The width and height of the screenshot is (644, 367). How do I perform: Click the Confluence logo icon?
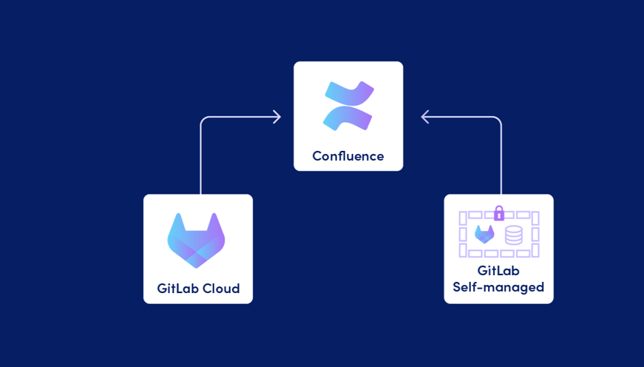[x=348, y=106]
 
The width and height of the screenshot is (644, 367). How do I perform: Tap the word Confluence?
[x=348, y=156]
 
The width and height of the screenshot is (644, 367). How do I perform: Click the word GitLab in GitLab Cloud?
[x=177, y=289]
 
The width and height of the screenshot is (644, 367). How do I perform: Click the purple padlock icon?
[x=499, y=214]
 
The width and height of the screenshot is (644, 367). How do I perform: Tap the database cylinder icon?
[x=513, y=235]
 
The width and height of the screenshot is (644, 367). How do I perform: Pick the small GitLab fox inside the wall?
[x=484, y=235]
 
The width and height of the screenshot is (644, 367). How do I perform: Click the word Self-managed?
[x=498, y=287]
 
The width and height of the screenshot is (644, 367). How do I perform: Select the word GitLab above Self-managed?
[x=498, y=271]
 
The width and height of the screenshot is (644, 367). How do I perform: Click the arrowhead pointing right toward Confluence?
[x=277, y=117]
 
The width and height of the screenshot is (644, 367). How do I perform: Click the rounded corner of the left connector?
[x=204, y=120]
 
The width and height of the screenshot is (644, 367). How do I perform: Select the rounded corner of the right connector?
[x=498, y=120]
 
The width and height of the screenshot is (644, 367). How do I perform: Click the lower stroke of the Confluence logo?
[x=347, y=118]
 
